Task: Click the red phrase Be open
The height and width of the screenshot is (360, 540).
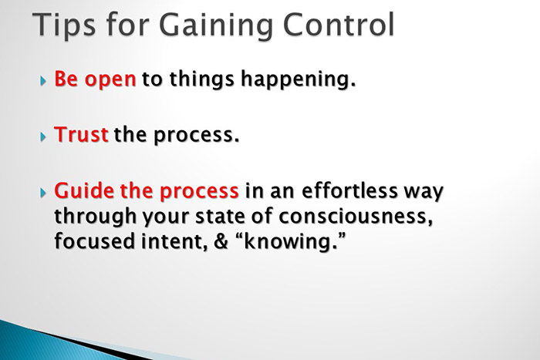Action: [x=95, y=80]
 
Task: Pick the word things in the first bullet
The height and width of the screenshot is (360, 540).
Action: [x=205, y=80]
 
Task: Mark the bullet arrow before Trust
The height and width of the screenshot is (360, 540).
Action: [x=42, y=136]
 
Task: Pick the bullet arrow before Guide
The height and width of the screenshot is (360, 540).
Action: [x=42, y=191]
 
